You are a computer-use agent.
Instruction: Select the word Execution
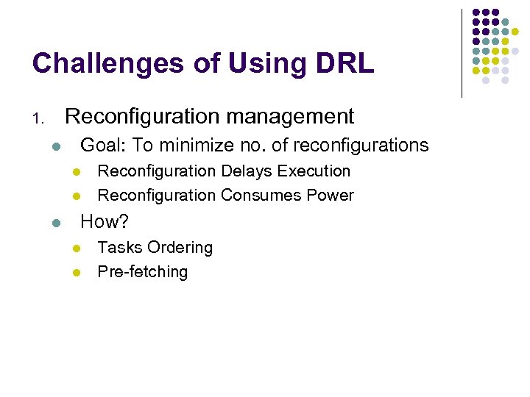[314, 171]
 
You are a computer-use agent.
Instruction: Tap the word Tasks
[119, 248]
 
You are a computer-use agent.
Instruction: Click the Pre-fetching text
[143, 272]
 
